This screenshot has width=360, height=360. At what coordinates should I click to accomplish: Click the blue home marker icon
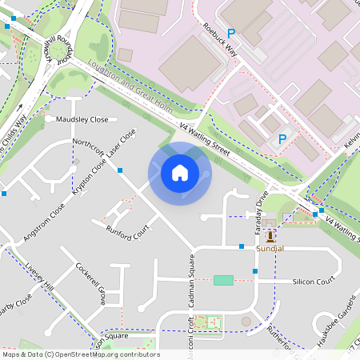[x=180, y=173]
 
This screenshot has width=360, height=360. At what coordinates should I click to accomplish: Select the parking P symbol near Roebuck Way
[x=232, y=34]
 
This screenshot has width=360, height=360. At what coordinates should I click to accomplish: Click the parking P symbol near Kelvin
[x=282, y=139]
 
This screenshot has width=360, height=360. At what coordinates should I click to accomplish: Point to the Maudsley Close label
[x=82, y=119]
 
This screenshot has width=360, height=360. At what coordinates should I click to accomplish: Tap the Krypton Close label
[x=90, y=175]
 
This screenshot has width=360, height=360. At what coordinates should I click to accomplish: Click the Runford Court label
[x=128, y=233]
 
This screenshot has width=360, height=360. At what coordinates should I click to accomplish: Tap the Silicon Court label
[x=313, y=282]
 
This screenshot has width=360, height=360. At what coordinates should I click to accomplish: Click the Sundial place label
[x=270, y=250]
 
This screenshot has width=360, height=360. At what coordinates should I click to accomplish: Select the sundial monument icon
[x=270, y=237]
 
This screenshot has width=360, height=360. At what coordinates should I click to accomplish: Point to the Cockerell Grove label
[x=90, y=283]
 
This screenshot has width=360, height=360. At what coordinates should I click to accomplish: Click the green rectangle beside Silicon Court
[x=224, y=280]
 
